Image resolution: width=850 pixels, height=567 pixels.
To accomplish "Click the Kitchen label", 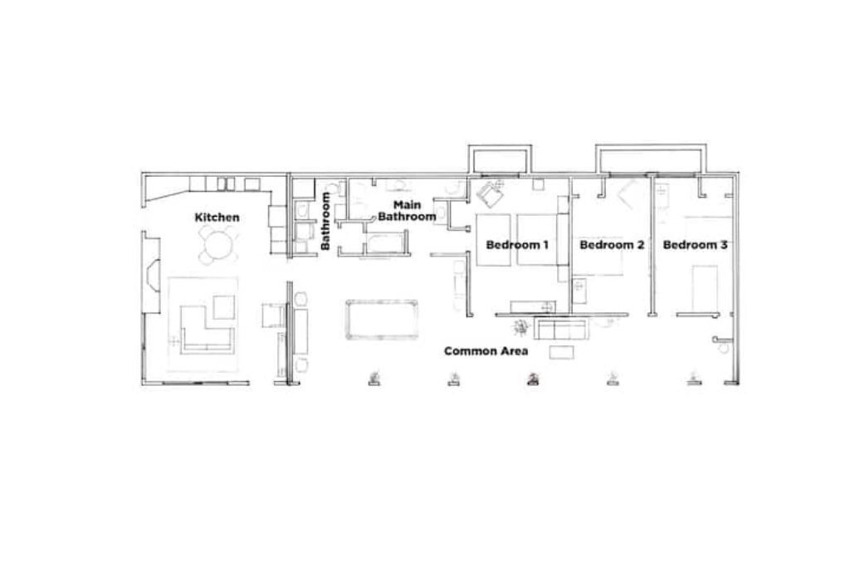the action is [217, 218].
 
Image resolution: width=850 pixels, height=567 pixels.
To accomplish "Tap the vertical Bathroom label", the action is [325, 221].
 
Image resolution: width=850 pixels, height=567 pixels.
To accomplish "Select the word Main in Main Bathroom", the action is [407, 205].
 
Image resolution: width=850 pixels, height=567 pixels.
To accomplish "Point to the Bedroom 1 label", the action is [517, 244].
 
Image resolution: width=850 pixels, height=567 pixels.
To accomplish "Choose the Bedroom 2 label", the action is [612, 244].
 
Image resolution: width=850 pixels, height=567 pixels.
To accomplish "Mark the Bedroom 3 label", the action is [695, 244].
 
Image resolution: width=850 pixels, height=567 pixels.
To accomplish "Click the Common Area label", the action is [486, 350].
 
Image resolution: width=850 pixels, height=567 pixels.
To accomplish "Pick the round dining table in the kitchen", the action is [218, 244].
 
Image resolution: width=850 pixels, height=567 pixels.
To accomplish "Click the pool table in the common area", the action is [382, 320].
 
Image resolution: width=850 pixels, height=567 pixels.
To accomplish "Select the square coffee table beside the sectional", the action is [224, 307].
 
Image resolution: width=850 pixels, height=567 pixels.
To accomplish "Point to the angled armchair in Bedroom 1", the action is [490, 193].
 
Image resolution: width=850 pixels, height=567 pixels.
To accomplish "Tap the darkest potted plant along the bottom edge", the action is [533, 379].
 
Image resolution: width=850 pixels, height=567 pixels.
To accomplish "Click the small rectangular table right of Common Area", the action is [562, 352].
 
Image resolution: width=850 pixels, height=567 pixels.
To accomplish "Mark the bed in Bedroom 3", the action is [705, 287].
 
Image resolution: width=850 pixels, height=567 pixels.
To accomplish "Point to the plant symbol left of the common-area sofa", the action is [521, 326].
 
